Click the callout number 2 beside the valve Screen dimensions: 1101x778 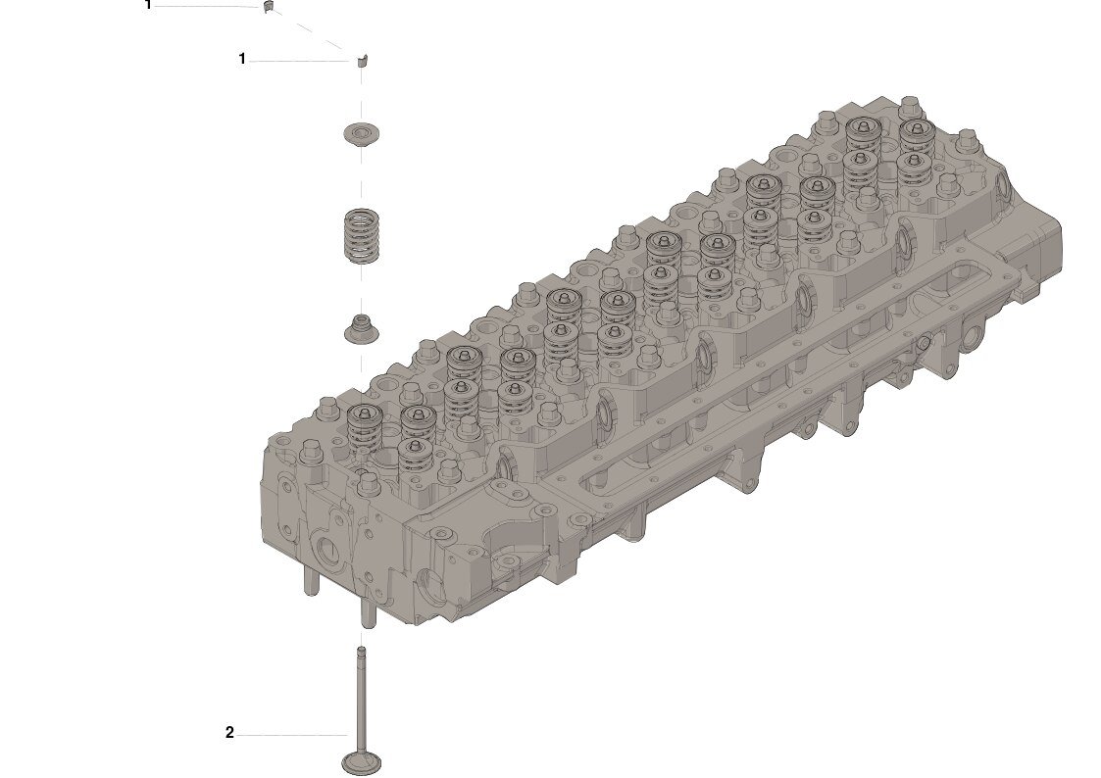229,732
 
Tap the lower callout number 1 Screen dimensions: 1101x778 242,59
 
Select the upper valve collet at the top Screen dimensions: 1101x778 268,6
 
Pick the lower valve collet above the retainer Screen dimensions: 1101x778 363,60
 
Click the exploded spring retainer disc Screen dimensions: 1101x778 362,133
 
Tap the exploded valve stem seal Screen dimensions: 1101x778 362,328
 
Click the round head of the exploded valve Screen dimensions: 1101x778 362,763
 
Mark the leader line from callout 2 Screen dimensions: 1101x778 291,735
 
